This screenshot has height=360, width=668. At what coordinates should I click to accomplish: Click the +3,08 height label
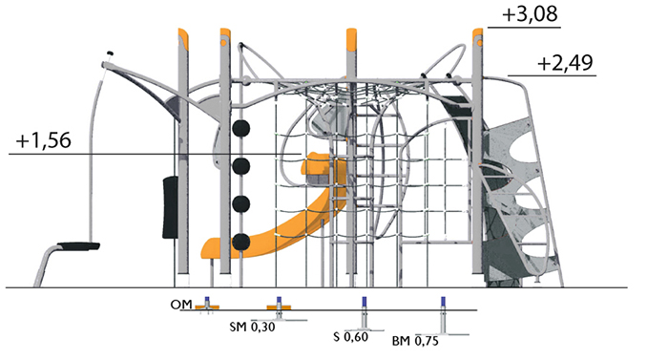[x=530, y=14]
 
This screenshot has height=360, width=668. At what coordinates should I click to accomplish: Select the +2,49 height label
[x=565, y=63]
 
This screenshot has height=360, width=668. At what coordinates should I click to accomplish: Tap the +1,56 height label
[x=44, y=140]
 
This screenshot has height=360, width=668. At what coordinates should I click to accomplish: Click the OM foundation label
[x=181, y=305]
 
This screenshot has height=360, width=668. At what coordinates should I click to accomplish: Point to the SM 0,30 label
[x=252, y=328]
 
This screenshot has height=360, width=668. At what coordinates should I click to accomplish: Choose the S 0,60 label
[x=350, y=336]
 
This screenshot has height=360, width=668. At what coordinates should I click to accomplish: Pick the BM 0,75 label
[x=415, y=341]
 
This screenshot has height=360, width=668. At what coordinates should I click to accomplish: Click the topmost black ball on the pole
[x=241, y=128]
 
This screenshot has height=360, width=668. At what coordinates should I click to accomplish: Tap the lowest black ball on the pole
[x=241, y=242]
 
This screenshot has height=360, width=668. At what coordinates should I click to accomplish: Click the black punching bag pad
[x=171, y=207]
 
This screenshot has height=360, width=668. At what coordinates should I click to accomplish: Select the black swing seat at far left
[x=78, y=246]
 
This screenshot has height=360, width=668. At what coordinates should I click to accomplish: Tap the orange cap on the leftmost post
[x=183, y=37]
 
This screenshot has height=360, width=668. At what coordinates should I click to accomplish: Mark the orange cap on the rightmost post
[x=477, y=37]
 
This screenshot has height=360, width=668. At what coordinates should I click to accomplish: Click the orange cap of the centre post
[x=351, y=39]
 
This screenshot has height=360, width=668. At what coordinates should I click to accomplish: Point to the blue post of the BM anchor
[x=443, y=303]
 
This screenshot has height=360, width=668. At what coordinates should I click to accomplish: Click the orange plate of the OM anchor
[x=207, y=307]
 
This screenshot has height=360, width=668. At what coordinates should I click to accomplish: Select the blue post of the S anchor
[x=365, y=303]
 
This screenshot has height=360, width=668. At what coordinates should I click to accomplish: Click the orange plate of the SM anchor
[x=279, y=307]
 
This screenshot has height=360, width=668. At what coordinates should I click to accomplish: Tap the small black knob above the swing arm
[x=110, y=53]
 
